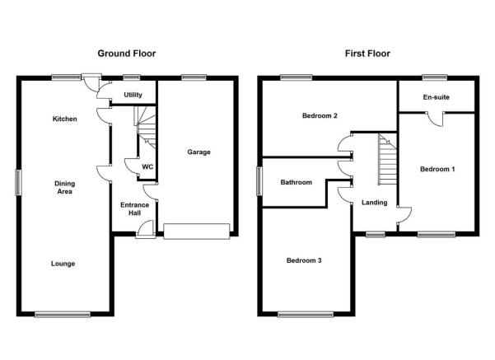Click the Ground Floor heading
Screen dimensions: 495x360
pyautogui.click(x=127, y=54)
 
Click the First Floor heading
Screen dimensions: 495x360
pyautogui.click(x=367, y=54)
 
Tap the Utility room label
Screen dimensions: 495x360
pyautogui.click(x=133, y=95)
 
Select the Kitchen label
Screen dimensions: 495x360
pyautogui.click(x=65, y=119)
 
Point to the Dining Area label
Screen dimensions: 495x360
pyautogui.click(x=65, y=187)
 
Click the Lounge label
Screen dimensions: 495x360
pyautogui.click(x=63, y=264)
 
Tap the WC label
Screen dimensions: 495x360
pyautogui.click(x=147, y=166)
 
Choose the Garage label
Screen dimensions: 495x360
pyautogui.click(x=198, y=152)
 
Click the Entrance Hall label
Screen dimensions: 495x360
pyautogui.click(x=134, y=208)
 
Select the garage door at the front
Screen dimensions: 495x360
pyautogui.click(x=197, y=231)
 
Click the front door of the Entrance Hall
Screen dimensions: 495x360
pyautogui.click(x=146, y=229)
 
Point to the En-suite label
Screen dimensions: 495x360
pyautogui.click(x=437, y=97)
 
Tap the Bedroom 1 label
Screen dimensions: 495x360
pyautogui.click(x=437, y=169)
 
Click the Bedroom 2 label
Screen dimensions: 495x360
pyautogui.click(x=320, y=115)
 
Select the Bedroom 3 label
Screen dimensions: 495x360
pyautogui.click(x=304, y=260)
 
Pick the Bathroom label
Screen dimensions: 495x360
pyautogui.click(x=297, y=182)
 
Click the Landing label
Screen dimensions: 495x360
pyautogui.click(x=375, y=203)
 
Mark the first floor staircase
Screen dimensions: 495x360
pyautogui.click(x=388, y=159)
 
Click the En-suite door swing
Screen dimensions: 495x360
pyautogui.click(x=436, y=119)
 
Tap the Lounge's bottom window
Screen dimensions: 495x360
pyautogui.click(x=63, y=314)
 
